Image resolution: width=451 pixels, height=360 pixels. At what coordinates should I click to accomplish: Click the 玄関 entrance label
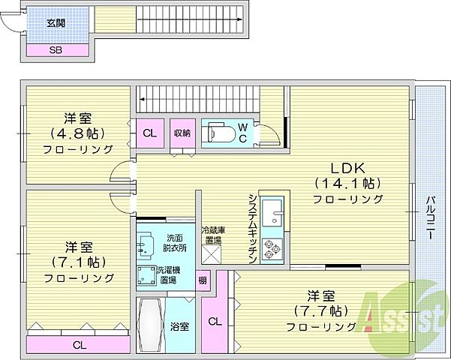pos(56,23)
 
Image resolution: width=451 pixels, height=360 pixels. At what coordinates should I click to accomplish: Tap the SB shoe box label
pos(56,50)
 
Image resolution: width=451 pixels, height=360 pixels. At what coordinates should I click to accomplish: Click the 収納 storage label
pos(183,133)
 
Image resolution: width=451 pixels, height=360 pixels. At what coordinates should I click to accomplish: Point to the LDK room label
pos(348,167)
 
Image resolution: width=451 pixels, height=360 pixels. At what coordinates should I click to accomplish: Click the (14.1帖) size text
pos(348,183)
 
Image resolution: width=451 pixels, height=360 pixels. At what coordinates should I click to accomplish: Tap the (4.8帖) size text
pos(78,133)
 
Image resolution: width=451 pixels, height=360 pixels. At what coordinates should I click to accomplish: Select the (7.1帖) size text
pos(78,262)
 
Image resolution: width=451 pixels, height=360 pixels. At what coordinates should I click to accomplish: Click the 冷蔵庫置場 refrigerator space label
pos(212,235)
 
